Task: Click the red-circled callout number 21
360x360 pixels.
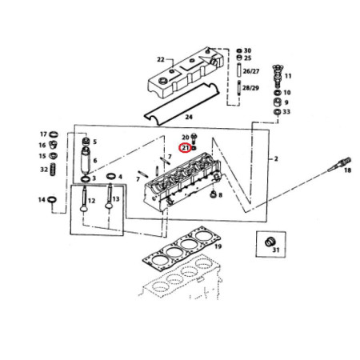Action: click(185, 148)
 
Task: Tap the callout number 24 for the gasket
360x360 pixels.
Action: click(189, 117)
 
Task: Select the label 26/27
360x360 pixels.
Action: click(251, 71)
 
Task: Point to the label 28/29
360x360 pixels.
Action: click(250, 88)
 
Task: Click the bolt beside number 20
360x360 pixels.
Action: click(194, 138)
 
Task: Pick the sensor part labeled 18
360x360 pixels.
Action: click(339, 165)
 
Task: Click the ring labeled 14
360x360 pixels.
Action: click(52, 199)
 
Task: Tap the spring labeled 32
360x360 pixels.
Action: click(53, 169)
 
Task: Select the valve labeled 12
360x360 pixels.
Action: click(84, 199)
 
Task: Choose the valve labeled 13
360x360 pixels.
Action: click(109, 196)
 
